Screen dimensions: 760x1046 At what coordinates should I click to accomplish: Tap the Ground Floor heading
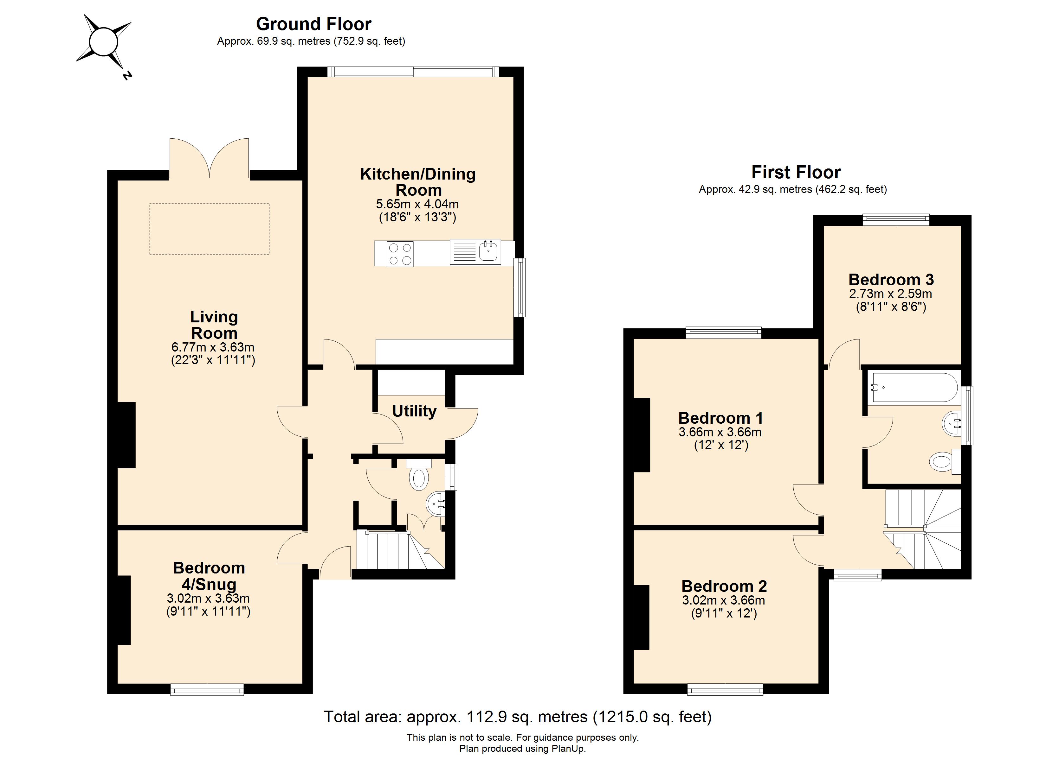pos(313,24)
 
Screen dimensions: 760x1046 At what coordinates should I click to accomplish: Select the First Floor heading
pos(796,172)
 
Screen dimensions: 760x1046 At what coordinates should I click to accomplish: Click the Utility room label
pos(414,411)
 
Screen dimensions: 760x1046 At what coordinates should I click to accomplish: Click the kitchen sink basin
pos(489,251)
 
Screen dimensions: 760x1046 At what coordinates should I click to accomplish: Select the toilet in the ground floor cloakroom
pos(419,478)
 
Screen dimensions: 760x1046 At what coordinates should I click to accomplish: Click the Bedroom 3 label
pos(891,280)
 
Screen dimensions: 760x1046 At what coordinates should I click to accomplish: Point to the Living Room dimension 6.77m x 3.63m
pos(213,347)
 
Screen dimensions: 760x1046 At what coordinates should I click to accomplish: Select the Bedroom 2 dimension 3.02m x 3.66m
pos(723,600)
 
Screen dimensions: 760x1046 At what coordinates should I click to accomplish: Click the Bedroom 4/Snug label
pos(209,576)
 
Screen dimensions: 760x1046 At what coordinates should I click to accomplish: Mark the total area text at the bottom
pos(518,717)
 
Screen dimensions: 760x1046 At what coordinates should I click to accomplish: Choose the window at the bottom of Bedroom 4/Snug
pos(207,689)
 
